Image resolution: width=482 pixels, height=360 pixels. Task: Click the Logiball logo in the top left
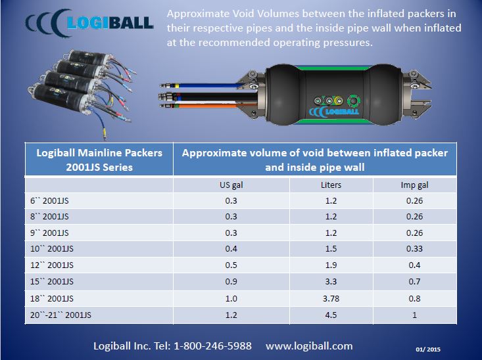[89, 23]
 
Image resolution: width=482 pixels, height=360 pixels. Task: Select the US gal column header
[231, 185]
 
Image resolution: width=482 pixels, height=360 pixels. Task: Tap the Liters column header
[331, 185]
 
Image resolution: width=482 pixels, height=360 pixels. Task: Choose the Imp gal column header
[414, 185]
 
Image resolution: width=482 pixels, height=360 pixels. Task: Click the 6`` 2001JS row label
[49, 201]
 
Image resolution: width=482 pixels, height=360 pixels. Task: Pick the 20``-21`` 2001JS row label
[60, 315]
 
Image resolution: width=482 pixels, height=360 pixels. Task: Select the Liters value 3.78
[331, 298]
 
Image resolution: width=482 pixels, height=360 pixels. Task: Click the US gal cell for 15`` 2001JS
[231, 282]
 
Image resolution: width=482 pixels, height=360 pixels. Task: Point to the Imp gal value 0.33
[414, 248]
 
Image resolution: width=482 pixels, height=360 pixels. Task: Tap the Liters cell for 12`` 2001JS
[331, 265]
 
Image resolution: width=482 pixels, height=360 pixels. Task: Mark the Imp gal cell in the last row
[414, 315]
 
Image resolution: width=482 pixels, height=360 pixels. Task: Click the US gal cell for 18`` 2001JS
[231, 298]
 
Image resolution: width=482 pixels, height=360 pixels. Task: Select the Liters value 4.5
[331, 315]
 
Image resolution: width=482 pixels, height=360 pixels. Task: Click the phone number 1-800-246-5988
[212, 346]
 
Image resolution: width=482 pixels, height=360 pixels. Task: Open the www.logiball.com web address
[309, 346]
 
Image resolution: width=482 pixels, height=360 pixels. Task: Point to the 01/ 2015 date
[428, 349]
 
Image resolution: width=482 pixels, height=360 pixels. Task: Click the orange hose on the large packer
[209, 106]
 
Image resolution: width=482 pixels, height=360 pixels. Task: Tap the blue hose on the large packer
[209, 85]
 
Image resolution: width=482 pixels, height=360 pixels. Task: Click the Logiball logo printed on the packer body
[334, 112]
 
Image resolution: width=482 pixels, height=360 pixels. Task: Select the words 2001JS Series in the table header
[99, 168]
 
